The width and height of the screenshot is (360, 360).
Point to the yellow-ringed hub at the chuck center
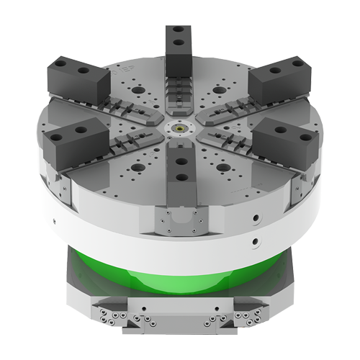pos(179,125)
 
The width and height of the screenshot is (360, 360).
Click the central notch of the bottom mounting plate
pos(179,317)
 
